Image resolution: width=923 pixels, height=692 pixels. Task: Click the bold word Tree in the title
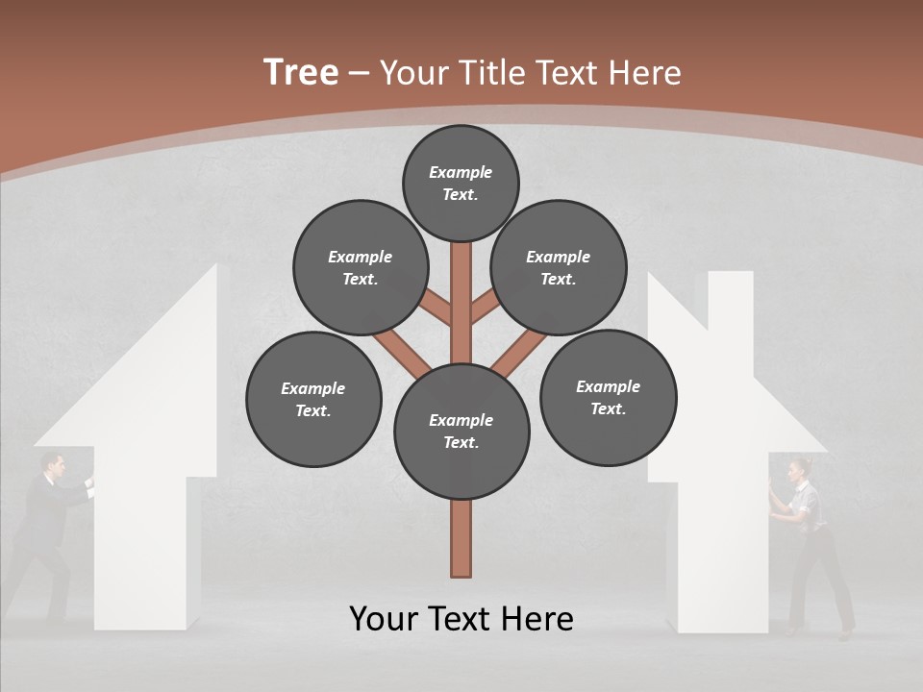301,73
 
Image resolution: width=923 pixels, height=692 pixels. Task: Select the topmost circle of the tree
461,183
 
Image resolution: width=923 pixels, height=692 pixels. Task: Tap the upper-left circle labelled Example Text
361,268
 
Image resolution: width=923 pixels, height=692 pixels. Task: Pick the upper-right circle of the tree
559,268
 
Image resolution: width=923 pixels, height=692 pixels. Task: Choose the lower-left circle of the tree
313,400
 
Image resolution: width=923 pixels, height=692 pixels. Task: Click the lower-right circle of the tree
608,398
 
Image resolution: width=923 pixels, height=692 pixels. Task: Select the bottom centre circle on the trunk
461,432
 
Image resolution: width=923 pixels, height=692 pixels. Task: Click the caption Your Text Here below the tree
461,619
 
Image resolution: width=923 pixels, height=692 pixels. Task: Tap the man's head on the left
55,466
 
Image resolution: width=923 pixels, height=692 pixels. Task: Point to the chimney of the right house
731,298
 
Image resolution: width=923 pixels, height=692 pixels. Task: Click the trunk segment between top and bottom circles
461,317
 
